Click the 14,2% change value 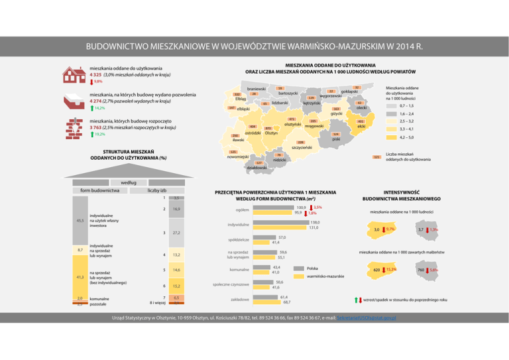pyautogui.click(x=99, y=107)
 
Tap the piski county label pyautogui.click(x=336, y=139)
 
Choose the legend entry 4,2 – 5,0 pyautogui.click(x=408, y=137)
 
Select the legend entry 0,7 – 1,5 pyautogui.click(x=407, y=106)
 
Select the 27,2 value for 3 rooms pyautogui.click(x=176, y=233)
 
